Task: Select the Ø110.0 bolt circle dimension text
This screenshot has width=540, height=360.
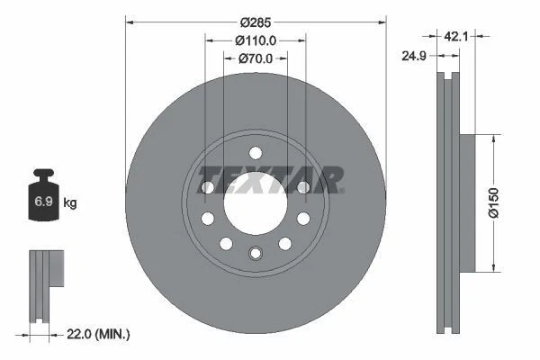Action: (255, 40)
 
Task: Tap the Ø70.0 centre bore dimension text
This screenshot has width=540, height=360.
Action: (255, 58)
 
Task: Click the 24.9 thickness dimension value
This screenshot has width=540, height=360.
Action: (414, 56)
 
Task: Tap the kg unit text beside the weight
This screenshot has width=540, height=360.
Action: (70, 203)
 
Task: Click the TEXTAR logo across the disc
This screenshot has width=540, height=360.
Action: (270, 179)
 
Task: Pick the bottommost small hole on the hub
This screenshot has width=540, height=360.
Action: (255, 253)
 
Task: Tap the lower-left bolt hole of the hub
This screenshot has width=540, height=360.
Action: (226, 243)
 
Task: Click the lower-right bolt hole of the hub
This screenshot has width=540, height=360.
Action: (284, 243)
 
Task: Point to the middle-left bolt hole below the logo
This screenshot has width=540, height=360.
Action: (207, 219)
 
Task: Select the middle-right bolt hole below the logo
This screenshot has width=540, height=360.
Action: (303, 219)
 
